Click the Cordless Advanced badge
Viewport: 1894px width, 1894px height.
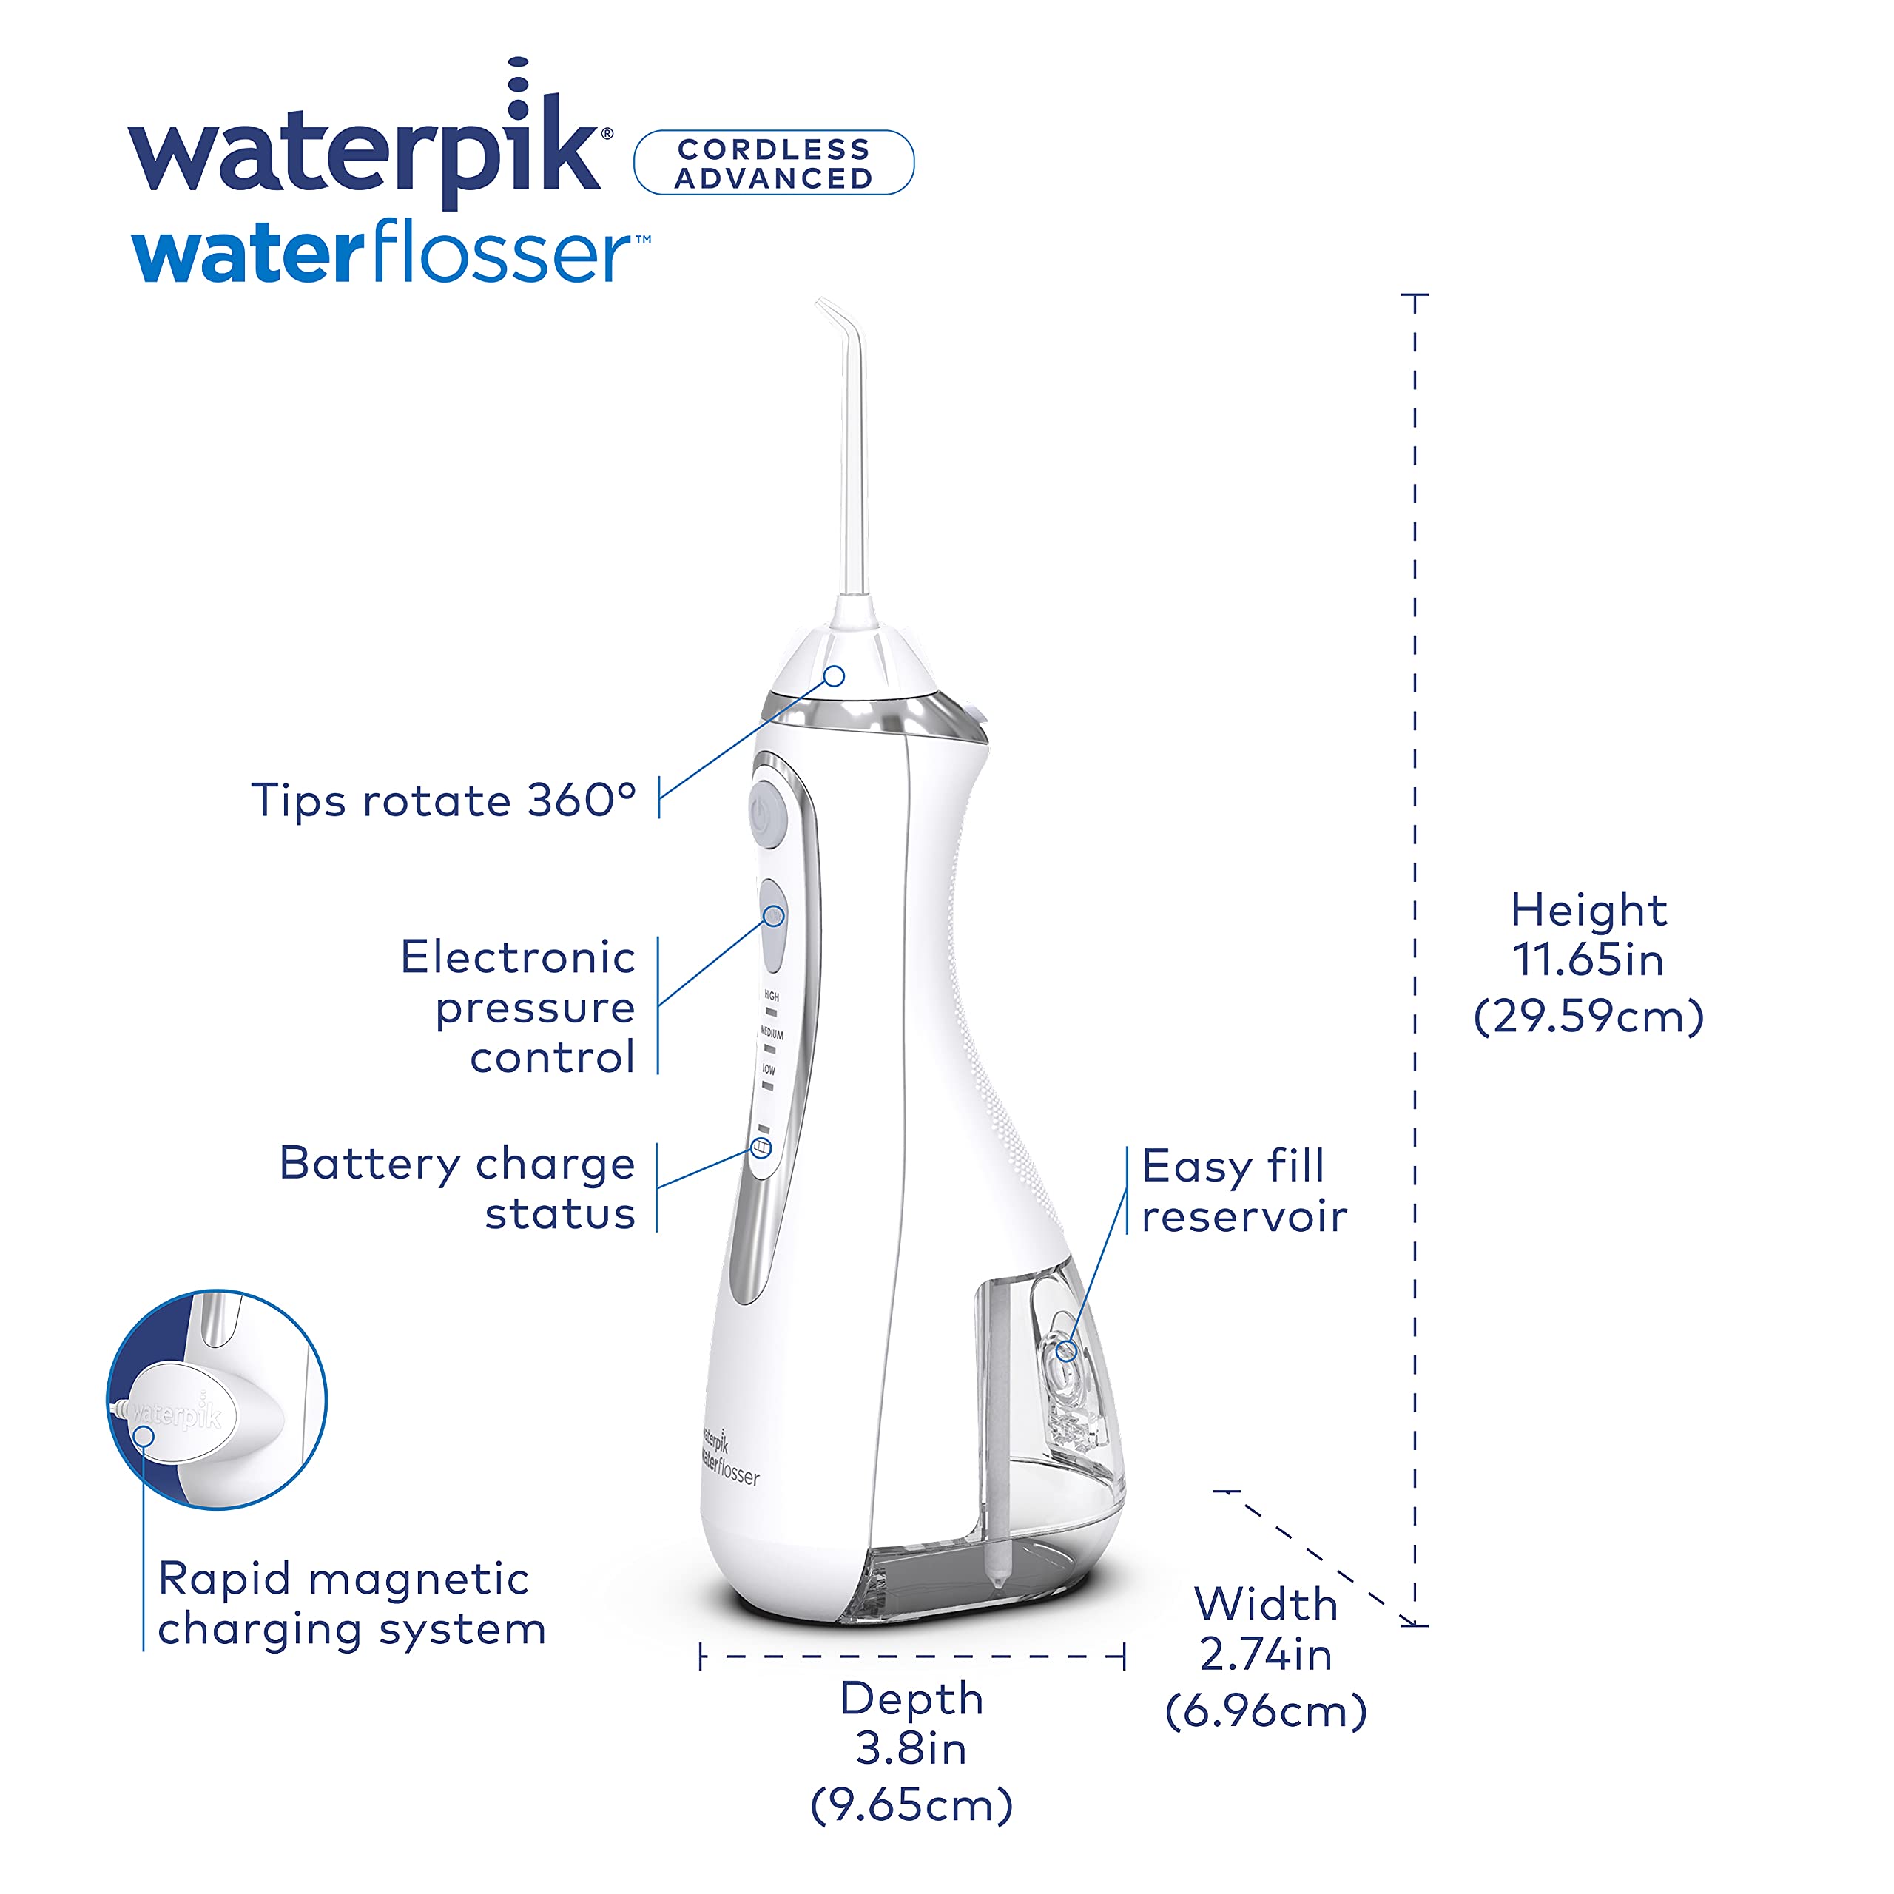pos(773,163)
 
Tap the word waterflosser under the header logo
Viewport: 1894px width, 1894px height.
pos(390,252)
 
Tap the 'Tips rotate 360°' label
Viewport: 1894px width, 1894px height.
pos(444,800)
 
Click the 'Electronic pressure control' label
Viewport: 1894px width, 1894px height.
pos(519,1006)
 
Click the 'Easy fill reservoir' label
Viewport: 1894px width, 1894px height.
pos(1244,1191)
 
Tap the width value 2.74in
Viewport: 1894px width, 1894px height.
pos(1266,1655)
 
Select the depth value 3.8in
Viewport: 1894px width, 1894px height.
pos(911,1749)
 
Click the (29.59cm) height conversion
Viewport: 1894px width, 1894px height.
pos(1588,1016)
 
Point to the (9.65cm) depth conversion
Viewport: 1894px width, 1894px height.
pos(911,1806)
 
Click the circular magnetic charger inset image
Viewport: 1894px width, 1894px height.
pos(217,1399)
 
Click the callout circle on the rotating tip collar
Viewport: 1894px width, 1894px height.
pos(835,675)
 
